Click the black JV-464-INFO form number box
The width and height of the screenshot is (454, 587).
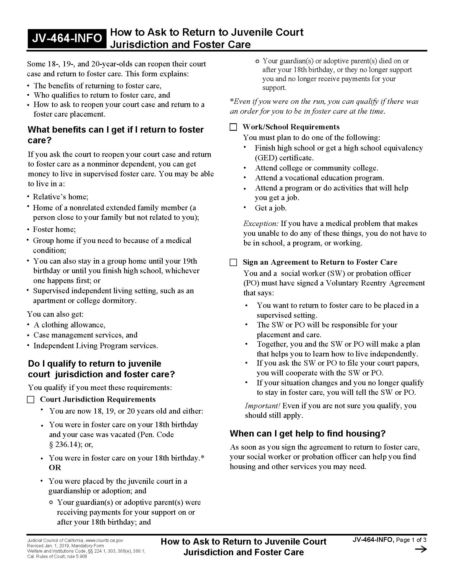(67, 38)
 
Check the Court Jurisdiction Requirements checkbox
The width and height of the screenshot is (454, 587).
(31, 400)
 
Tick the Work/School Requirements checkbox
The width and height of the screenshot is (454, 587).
(233, 127)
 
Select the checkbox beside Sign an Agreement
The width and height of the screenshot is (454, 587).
(233, 263)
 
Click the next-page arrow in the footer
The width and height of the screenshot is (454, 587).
(421, 549)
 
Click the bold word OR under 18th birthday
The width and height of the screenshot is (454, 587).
(55, 468)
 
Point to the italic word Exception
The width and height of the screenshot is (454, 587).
(261, 224)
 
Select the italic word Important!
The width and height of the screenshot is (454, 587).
(263, 406)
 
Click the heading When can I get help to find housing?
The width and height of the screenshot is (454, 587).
(308, 434)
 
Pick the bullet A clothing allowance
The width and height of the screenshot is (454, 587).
(69, 325)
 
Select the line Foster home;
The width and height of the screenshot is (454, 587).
(54, 229)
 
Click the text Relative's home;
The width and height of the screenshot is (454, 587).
(61, 197)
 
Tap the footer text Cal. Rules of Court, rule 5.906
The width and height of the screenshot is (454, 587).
(57, 556)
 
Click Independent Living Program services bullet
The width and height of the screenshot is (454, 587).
(96, 346)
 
